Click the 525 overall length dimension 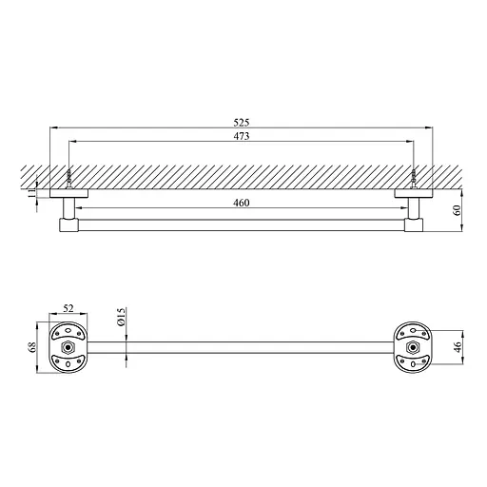coord(242,123)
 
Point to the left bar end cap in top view coord(69,225)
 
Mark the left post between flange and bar coord(69,208)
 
